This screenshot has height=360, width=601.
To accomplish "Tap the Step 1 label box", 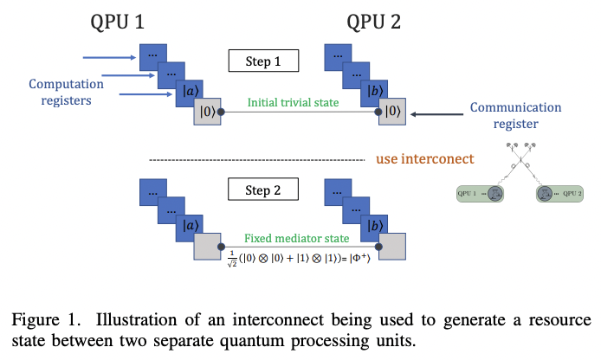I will coord(264,61).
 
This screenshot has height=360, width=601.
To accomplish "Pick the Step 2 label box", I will coord(264,189).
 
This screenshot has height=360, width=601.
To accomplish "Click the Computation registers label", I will coord(67,93).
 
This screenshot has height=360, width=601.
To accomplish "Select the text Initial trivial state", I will coord(293,102).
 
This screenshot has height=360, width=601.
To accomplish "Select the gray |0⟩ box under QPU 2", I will coord(391,112).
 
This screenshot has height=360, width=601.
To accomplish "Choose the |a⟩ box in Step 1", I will coord(189,90).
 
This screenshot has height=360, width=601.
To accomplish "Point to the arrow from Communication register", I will coord(437,112).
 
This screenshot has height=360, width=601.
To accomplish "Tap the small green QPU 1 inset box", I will coord(481,193).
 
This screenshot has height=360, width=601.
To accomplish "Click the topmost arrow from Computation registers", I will coord(109,58).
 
